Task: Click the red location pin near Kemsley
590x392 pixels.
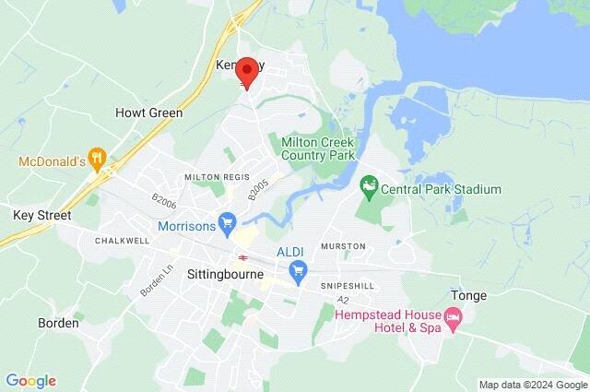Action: (246, 72)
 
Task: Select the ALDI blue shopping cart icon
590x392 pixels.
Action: (297, 271)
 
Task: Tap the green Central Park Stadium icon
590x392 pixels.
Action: (369, 189)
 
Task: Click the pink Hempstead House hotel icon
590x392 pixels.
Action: (453, 321)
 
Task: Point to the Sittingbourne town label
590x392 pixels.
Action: (225, 275)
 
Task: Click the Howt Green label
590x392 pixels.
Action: (148, 113)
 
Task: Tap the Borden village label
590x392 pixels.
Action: (58, 324)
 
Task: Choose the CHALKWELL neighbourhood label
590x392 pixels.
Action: (122, 241)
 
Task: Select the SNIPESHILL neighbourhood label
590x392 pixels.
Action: (348, 286)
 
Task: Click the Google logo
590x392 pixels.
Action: (30, 381)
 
